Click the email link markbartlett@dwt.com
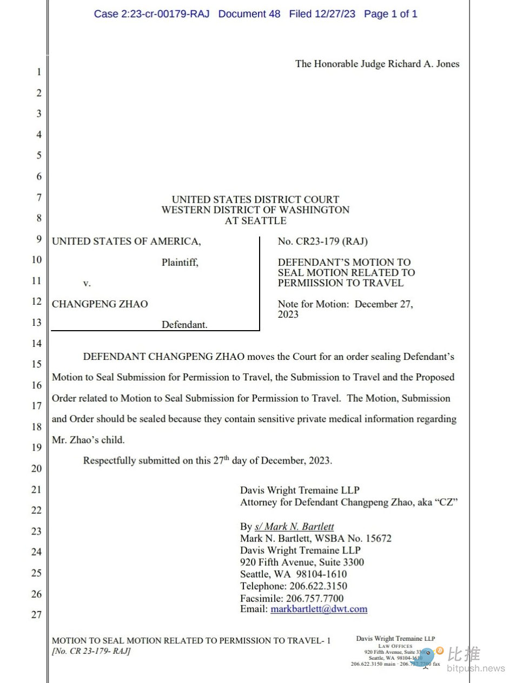click(319, 609)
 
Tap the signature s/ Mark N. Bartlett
click(294, 526)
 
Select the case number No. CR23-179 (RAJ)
click(323, 241)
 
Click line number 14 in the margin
click(36, 343)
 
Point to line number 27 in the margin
click(36, 614)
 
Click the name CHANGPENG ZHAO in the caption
click(100, 304)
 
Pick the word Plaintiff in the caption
click(180, 263)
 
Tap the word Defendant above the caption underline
click(184, 324)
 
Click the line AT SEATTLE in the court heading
click(255, 220)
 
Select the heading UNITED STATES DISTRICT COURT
click(255, 199)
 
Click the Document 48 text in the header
click(249, 14)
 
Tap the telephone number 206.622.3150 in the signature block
click(319, 586)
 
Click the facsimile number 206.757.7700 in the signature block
click(315, 598)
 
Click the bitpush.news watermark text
click(476, 668)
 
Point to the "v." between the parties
click(87, 283)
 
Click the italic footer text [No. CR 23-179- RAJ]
click(91, 651)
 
